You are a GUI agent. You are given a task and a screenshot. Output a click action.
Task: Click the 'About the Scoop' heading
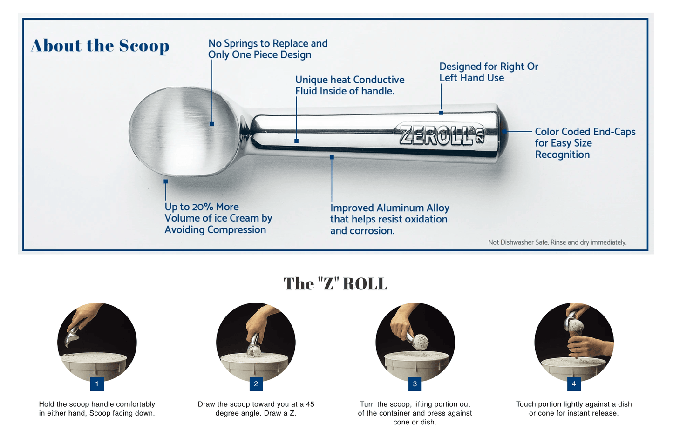coord(100,46)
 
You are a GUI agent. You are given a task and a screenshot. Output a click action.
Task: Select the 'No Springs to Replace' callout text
coord(268,49)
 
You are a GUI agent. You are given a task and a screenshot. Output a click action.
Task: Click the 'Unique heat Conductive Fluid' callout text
coord(349,85)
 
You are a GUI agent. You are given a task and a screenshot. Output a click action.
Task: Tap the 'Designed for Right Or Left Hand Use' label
coord(489,72)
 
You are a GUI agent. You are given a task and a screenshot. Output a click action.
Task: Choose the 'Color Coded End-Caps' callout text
coord(585,143)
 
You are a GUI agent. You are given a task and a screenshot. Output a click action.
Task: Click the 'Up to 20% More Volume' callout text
coord(218,218)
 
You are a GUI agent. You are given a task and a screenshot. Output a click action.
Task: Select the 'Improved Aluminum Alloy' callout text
coord(389,219)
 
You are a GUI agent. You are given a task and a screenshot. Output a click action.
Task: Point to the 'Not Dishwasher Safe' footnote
coord(557,242)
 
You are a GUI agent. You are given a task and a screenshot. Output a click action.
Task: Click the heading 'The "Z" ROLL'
coord(335,284)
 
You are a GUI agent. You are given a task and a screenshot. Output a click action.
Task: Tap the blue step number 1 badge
coord(97,384)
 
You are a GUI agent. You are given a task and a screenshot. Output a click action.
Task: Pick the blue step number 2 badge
coord(256,384)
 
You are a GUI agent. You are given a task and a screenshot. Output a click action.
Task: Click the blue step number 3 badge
coord(415,384)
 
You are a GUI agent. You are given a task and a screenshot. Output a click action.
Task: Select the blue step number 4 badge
coord(574,384)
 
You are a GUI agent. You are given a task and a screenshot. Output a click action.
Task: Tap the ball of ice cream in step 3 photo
coord(421,341)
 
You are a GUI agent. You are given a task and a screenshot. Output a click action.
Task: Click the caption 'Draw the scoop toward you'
coord(256,409)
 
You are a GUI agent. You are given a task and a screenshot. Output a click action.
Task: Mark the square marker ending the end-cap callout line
coord(504,131)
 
